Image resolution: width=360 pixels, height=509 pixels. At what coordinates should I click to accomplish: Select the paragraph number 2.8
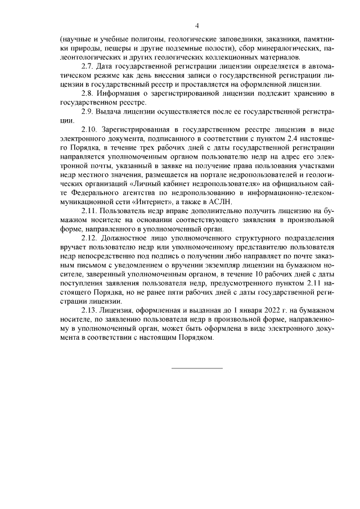pos(88,93)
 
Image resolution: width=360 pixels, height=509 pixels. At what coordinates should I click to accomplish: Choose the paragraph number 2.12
pos(91,238)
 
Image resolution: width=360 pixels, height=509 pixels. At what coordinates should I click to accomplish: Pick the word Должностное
pos(125,238)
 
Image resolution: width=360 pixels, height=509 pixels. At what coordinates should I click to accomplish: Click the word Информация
pos(120,93)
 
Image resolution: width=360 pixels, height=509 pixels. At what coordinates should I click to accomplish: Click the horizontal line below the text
pos(197,368)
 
